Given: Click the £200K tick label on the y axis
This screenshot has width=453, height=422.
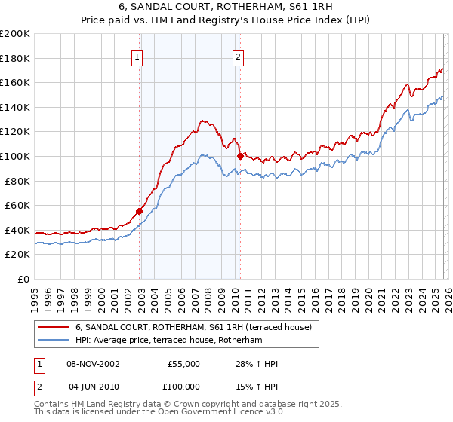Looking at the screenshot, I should [15, 34].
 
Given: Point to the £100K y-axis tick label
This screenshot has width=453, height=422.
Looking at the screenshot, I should [15, 157].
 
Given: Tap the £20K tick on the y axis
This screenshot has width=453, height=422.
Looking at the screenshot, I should [18, 255].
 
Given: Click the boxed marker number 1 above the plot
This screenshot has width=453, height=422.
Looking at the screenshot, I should [137, 55].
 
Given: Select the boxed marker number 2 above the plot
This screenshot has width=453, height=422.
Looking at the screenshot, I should [238, 55].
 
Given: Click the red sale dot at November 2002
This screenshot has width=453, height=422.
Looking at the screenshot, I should [140, 211].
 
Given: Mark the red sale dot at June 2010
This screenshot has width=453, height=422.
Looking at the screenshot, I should [240, 156].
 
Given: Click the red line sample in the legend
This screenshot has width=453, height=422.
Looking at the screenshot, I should [54, 327].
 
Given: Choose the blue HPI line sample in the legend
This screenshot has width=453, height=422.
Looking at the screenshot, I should [54, 341].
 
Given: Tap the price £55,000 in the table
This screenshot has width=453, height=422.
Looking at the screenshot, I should [183, 364].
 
